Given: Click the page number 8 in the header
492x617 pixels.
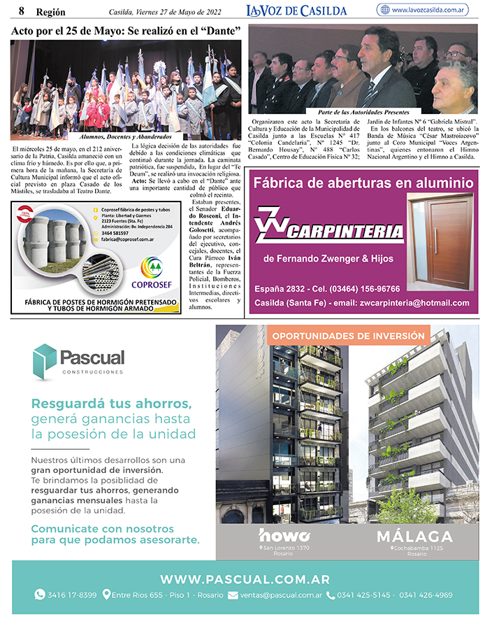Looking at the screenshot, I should pos(22,10).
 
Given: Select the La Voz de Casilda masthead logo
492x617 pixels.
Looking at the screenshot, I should pos(296,10).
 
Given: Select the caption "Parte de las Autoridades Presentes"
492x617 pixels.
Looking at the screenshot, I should pos(363,112).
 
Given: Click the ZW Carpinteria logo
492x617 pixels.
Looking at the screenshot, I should pos(328,225).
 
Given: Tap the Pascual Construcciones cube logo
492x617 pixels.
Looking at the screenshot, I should pos(45,360).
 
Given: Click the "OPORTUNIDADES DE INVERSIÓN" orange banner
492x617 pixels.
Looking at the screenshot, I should pos(348,336).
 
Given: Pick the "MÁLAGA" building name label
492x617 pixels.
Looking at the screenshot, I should pos(414,537).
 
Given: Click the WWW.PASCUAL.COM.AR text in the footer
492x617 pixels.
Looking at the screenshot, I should pos(245,579).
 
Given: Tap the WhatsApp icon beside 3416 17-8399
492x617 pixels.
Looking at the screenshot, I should pos(40,595).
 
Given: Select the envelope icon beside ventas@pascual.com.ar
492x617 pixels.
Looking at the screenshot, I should pos(233,595).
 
